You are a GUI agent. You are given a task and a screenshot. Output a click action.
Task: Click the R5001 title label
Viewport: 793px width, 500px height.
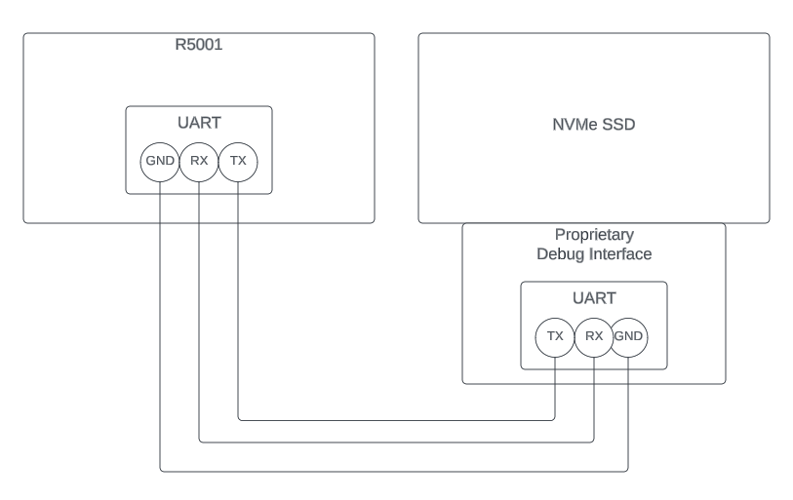(198, 44)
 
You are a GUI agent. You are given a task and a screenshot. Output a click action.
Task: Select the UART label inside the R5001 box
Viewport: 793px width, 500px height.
(198, 123)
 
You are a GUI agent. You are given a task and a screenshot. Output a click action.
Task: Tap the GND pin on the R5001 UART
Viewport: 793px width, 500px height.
(160, 161)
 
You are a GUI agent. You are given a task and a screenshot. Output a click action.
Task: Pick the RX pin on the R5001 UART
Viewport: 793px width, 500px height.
(199, 161)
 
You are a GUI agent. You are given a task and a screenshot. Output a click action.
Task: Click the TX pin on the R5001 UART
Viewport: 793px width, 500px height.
(238, 161)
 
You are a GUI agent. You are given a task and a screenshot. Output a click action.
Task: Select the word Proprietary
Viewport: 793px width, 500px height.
(594, 235)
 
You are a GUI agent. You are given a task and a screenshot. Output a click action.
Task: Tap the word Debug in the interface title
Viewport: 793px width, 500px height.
(559, 254)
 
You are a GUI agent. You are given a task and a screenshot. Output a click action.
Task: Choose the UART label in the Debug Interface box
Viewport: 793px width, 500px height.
(594, 298)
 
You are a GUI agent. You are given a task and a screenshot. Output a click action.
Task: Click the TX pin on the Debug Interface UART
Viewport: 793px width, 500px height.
(555, 336)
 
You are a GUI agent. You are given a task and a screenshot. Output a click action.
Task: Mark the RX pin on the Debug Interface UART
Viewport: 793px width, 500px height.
(594, 336)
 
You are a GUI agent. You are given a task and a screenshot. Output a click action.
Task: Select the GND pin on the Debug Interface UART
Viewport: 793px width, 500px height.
(630, 336)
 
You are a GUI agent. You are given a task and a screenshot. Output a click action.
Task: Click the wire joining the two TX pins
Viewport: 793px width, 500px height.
(390, 421)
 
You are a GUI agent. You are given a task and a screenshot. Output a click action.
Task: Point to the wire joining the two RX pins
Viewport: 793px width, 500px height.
(390, 442)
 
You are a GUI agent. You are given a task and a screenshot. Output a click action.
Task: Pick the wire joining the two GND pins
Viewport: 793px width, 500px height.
(390, 471)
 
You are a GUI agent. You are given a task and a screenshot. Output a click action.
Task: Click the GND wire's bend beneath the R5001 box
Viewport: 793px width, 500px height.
(160, 471)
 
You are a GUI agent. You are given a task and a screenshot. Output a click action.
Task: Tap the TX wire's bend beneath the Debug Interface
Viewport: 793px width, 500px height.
(555, 421)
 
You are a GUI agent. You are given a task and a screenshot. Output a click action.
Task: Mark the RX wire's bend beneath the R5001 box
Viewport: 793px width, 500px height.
(199, 442)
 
